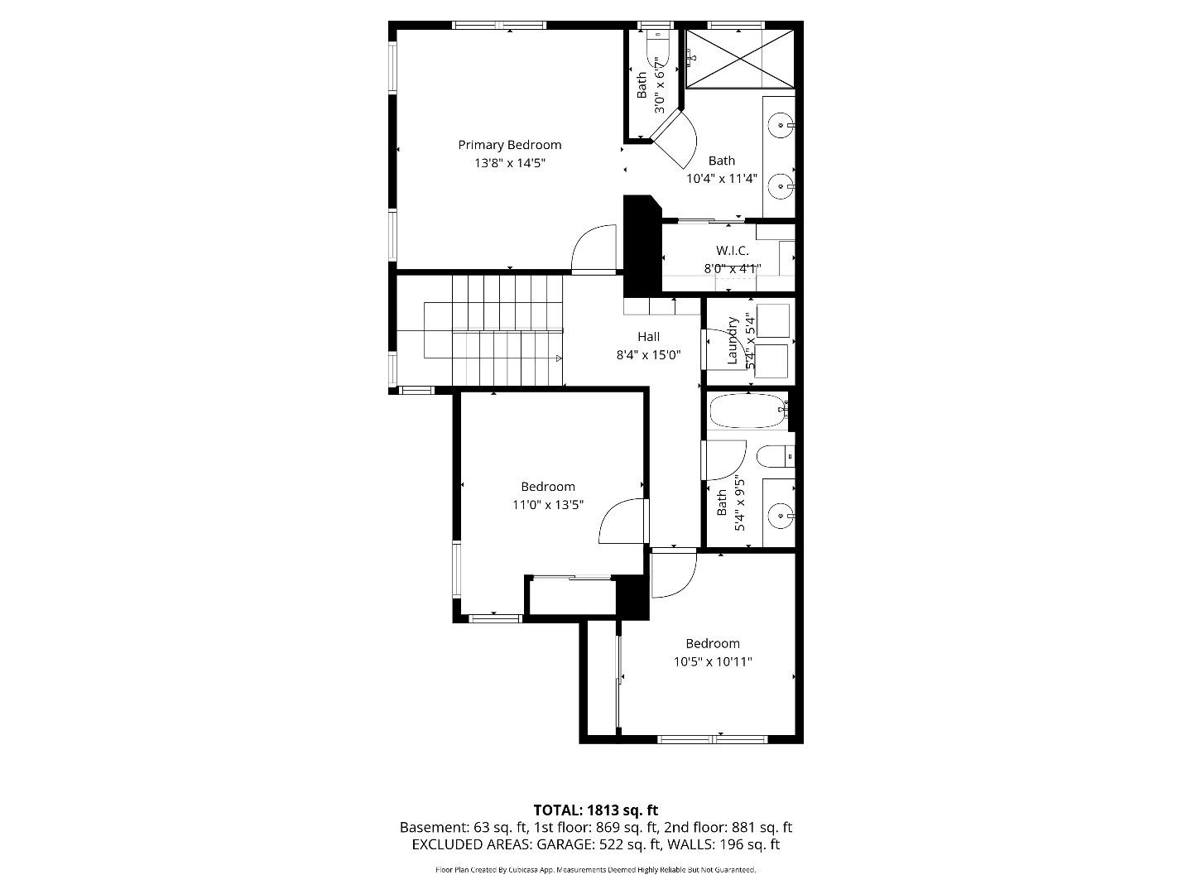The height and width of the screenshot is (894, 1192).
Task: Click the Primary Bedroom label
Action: [x=509, y=145]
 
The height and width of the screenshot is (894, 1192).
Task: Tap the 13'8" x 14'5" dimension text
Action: [x=509, y=163]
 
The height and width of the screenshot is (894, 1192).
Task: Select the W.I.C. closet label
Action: [x=732, y=250]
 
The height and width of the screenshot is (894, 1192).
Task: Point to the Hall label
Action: [x=648, y=337]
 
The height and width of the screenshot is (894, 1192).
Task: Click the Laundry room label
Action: [x=732, y=340]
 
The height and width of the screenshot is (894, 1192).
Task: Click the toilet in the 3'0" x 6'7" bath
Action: [x=656, y=50]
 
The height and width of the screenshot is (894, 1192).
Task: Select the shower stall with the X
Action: [x=739, y=58]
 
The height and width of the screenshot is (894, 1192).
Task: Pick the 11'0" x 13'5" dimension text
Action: [x=547, y=504]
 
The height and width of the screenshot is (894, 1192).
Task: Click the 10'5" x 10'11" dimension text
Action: [x=712, y=661]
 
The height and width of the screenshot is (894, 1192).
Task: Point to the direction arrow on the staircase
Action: [x=560, y=358]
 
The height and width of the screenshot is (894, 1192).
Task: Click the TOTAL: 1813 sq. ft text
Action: [x=595, y=810]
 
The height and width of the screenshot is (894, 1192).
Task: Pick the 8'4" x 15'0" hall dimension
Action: [x=648, y=355]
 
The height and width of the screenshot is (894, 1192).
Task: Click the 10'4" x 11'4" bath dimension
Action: [x=721, y=178]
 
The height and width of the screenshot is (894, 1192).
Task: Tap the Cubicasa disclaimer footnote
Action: [x=595, y=870]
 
